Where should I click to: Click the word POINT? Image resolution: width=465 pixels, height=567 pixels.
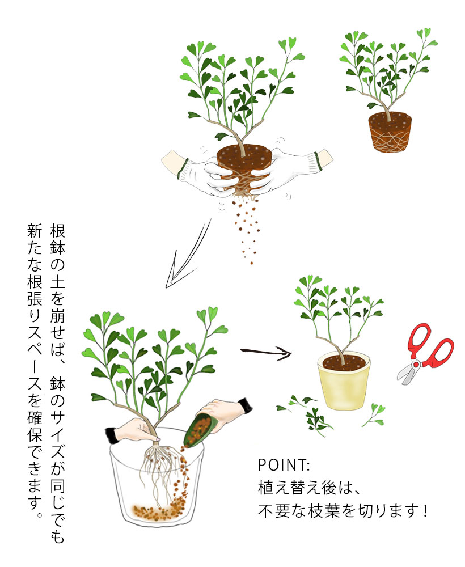(284, 465)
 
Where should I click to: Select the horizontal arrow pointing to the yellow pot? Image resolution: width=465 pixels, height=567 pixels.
(266, 352)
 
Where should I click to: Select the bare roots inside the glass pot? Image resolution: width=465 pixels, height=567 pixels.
(160, 470)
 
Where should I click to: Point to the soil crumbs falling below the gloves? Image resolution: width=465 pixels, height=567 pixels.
(246, 228)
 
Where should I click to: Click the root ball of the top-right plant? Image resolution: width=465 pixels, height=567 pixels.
(390, 132)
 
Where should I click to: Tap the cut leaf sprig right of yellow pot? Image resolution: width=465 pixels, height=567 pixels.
(374, 415)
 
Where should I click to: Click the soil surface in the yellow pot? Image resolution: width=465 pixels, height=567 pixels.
(344, 362)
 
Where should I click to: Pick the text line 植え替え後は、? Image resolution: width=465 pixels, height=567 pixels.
(309, 488)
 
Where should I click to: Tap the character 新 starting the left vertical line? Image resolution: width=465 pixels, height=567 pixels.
(35, 231)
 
